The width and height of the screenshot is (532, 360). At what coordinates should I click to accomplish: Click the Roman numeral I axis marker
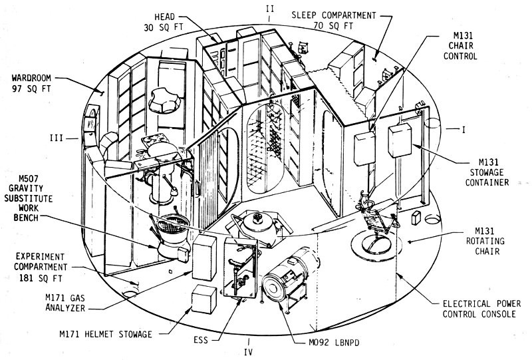[x=461, y=129]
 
